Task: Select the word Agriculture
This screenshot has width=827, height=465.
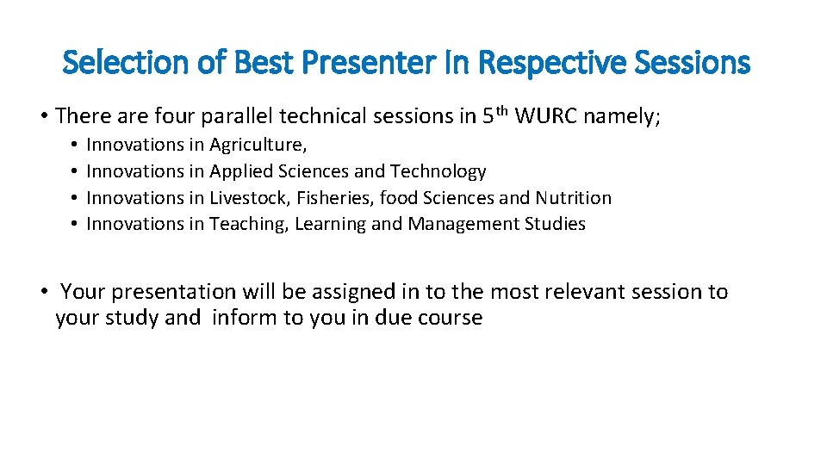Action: [x=258, y=146]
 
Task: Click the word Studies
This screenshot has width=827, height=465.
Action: [x=556, y=225]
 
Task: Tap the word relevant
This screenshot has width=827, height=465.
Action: [x=582, y=293]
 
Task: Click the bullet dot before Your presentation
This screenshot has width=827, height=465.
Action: [x=43, y=293]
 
